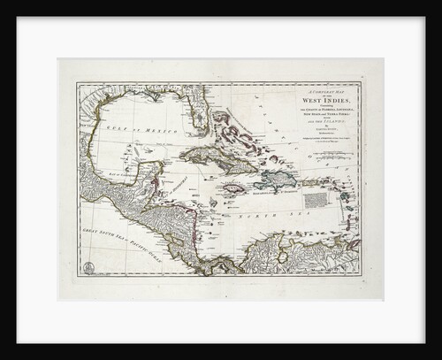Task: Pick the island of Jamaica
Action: (234, 188)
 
